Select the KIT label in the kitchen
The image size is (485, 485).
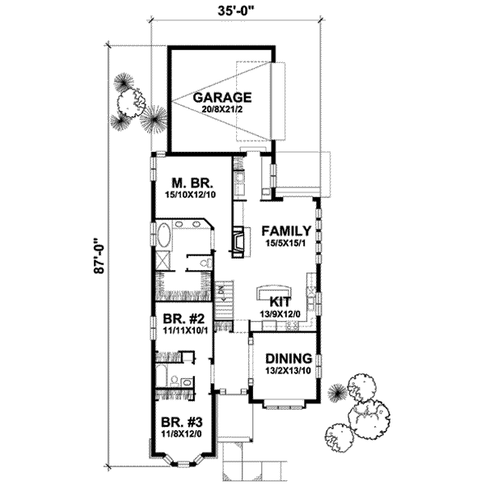point(270,300)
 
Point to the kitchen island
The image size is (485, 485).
point(272,289)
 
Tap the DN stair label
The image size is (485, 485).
point(219,289)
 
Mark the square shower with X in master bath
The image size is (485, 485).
point(162,260)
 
